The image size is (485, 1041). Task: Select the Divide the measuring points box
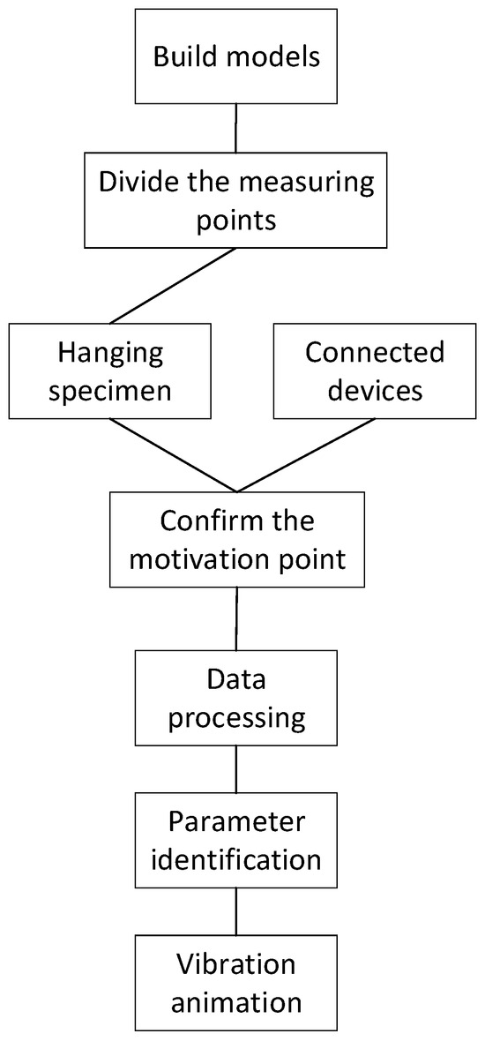[235, 200]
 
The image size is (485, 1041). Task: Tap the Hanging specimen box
[110, 371]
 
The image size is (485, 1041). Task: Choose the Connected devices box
[374, 371]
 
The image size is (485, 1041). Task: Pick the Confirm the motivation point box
[236, 539]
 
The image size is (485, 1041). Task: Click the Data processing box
[235, 698]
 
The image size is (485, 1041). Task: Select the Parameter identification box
[235, 839]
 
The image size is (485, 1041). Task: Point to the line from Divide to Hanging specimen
[172, 286]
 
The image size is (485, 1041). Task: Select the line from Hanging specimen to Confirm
[173, 454]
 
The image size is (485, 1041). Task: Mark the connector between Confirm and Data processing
[235, 618]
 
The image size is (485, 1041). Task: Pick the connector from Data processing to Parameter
[235, 768]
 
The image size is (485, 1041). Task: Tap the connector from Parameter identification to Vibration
[235, 911]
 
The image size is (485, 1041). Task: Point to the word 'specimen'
[110, 390]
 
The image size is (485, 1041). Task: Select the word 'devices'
[374, 390]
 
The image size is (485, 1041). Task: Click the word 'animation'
[235, 1002]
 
